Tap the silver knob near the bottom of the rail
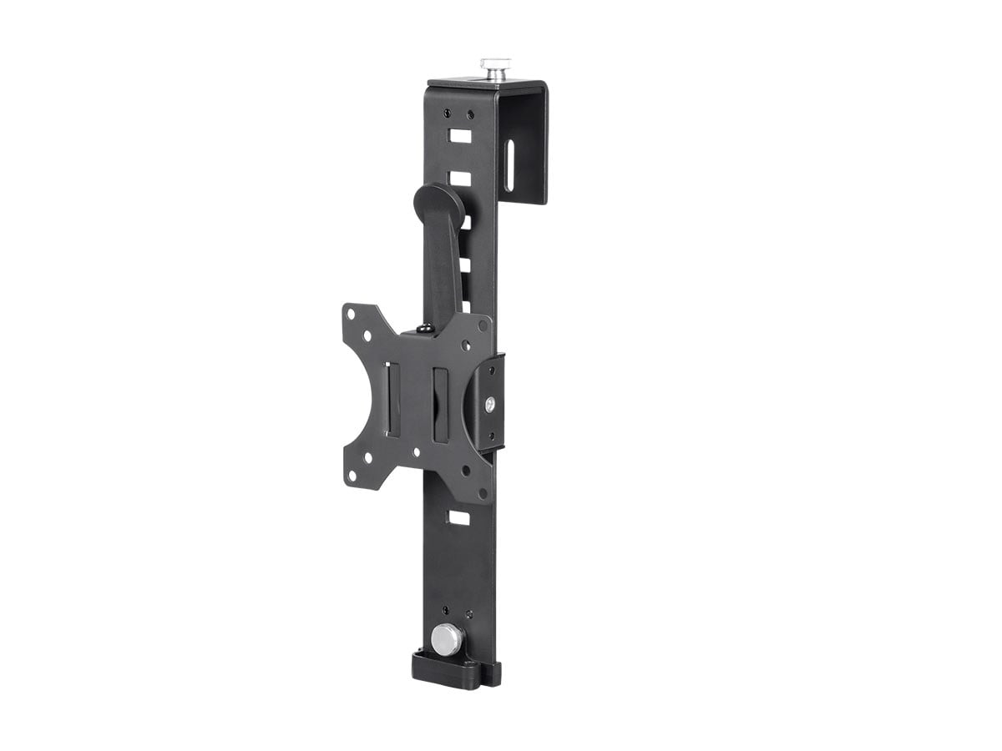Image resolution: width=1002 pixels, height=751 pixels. pos(448,640)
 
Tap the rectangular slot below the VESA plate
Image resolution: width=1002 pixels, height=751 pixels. pos(458,517)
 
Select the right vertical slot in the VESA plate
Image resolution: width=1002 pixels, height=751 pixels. pos(440,404)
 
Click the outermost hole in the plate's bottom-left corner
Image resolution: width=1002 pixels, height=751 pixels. pos(352,476)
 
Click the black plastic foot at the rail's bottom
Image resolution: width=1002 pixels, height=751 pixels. pos(455,670)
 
